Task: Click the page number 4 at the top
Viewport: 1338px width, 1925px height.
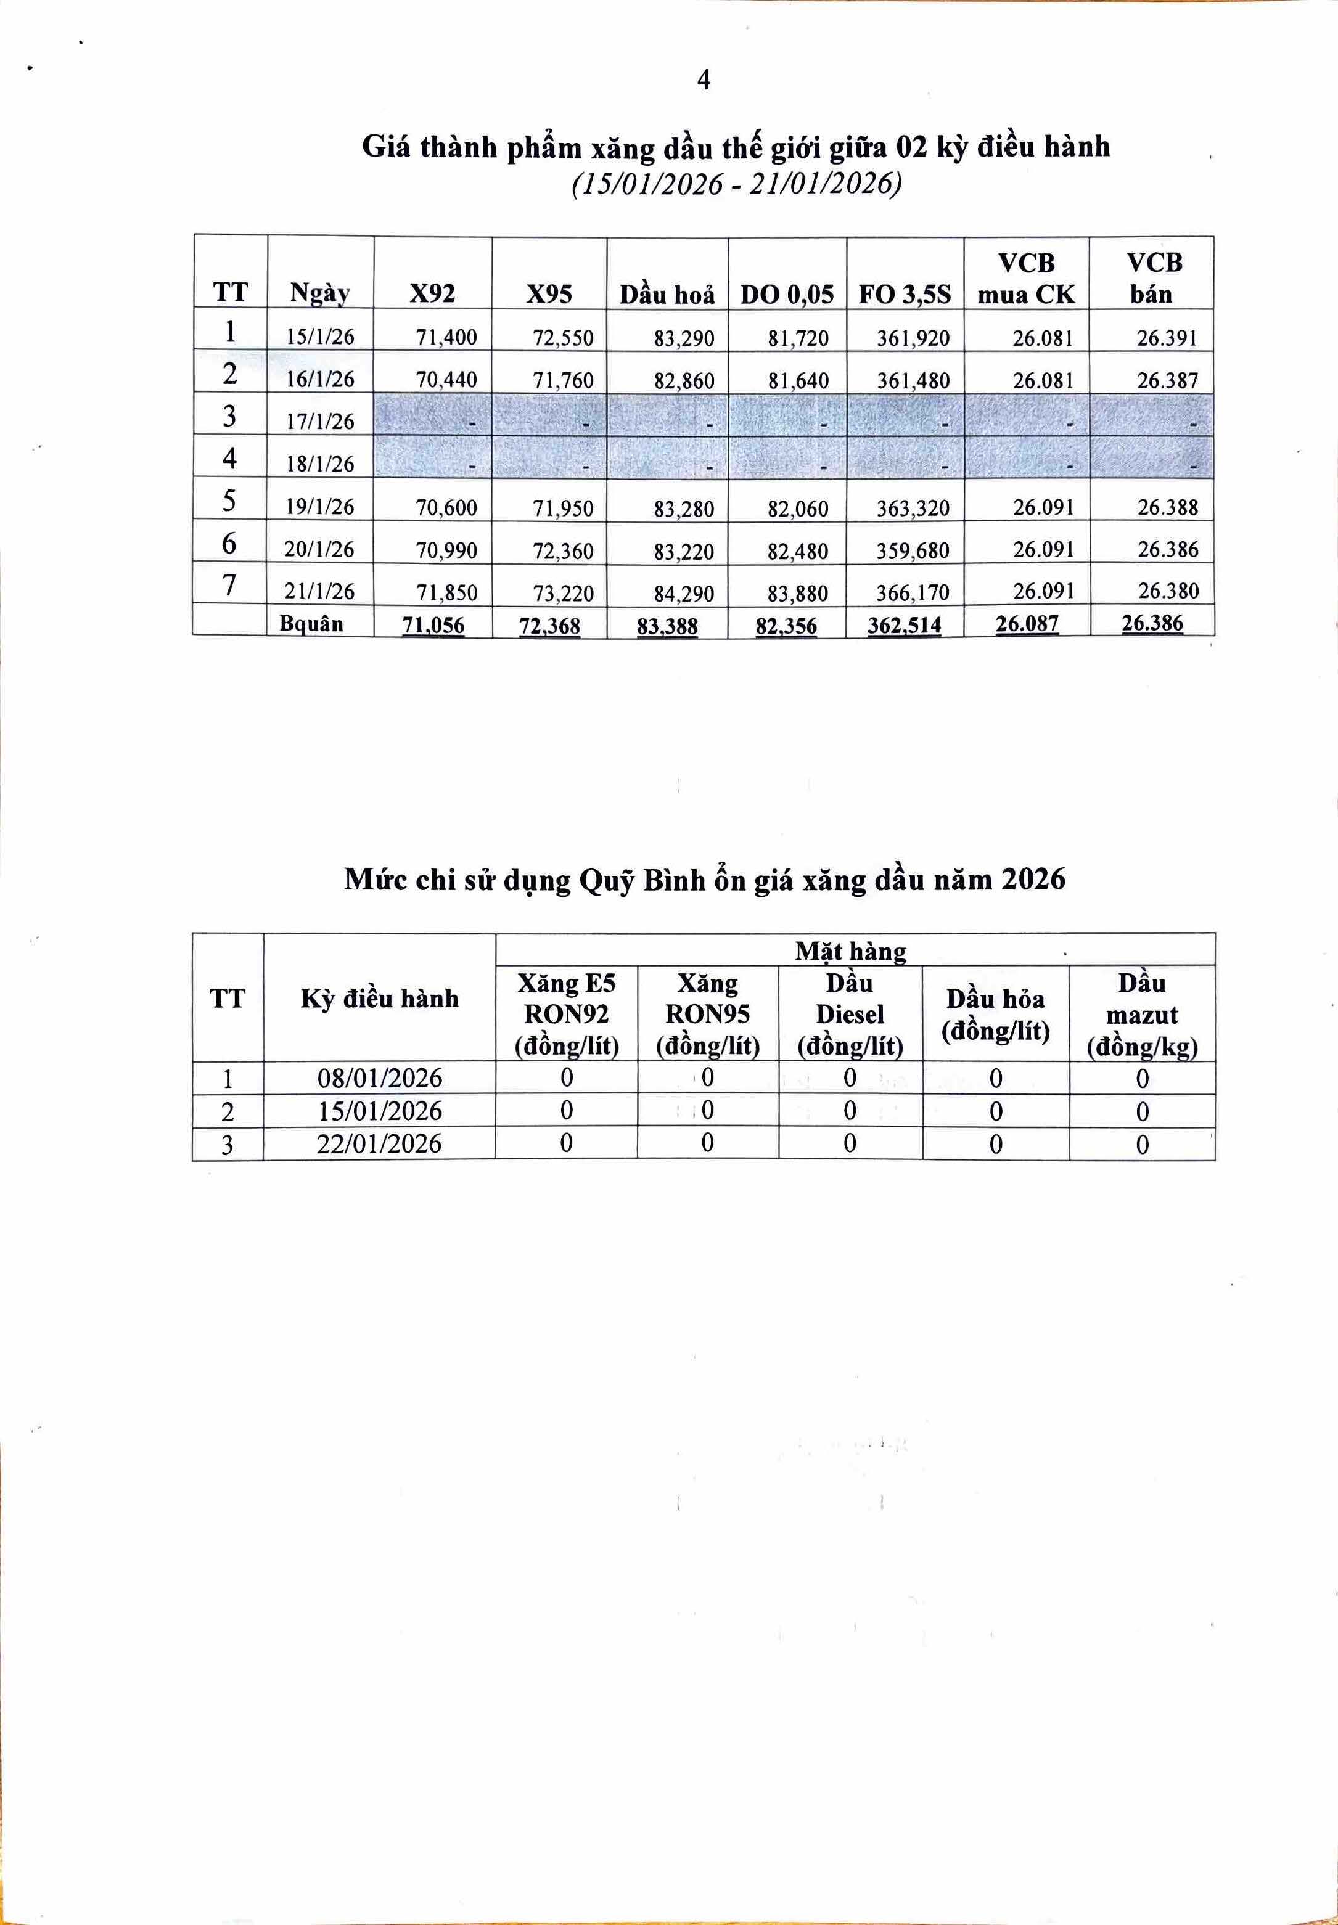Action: tap(704, 81)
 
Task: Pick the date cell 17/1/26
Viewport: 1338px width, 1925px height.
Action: tap(320, 422)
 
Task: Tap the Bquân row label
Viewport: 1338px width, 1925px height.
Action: tap(311, 624)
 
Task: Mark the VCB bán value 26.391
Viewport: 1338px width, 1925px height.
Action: tap(1167, 338)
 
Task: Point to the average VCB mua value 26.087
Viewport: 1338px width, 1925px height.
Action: tap(1027, 624)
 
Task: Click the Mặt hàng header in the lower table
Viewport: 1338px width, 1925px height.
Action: tap(850, 951)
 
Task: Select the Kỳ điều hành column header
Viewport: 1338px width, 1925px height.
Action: tap(380, 998)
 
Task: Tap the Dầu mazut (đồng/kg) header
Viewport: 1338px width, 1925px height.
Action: tap(1142, 1015)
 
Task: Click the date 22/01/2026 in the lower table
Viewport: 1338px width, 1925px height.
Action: tap(379, 1144)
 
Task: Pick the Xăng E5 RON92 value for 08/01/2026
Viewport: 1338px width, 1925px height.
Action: tap(567, 1077)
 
